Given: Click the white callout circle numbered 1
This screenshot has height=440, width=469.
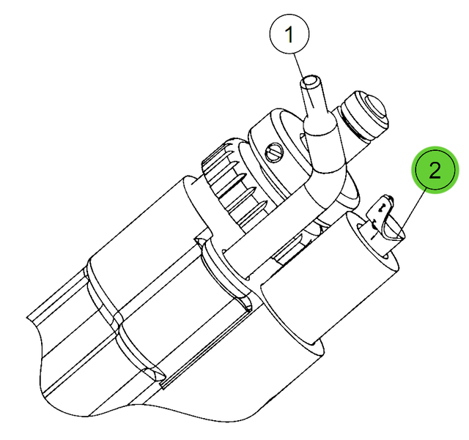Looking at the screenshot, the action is coord(289,34).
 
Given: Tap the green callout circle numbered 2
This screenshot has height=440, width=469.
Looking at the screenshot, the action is coord(435,170).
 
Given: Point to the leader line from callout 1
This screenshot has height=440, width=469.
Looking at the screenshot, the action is coord(303,81).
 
